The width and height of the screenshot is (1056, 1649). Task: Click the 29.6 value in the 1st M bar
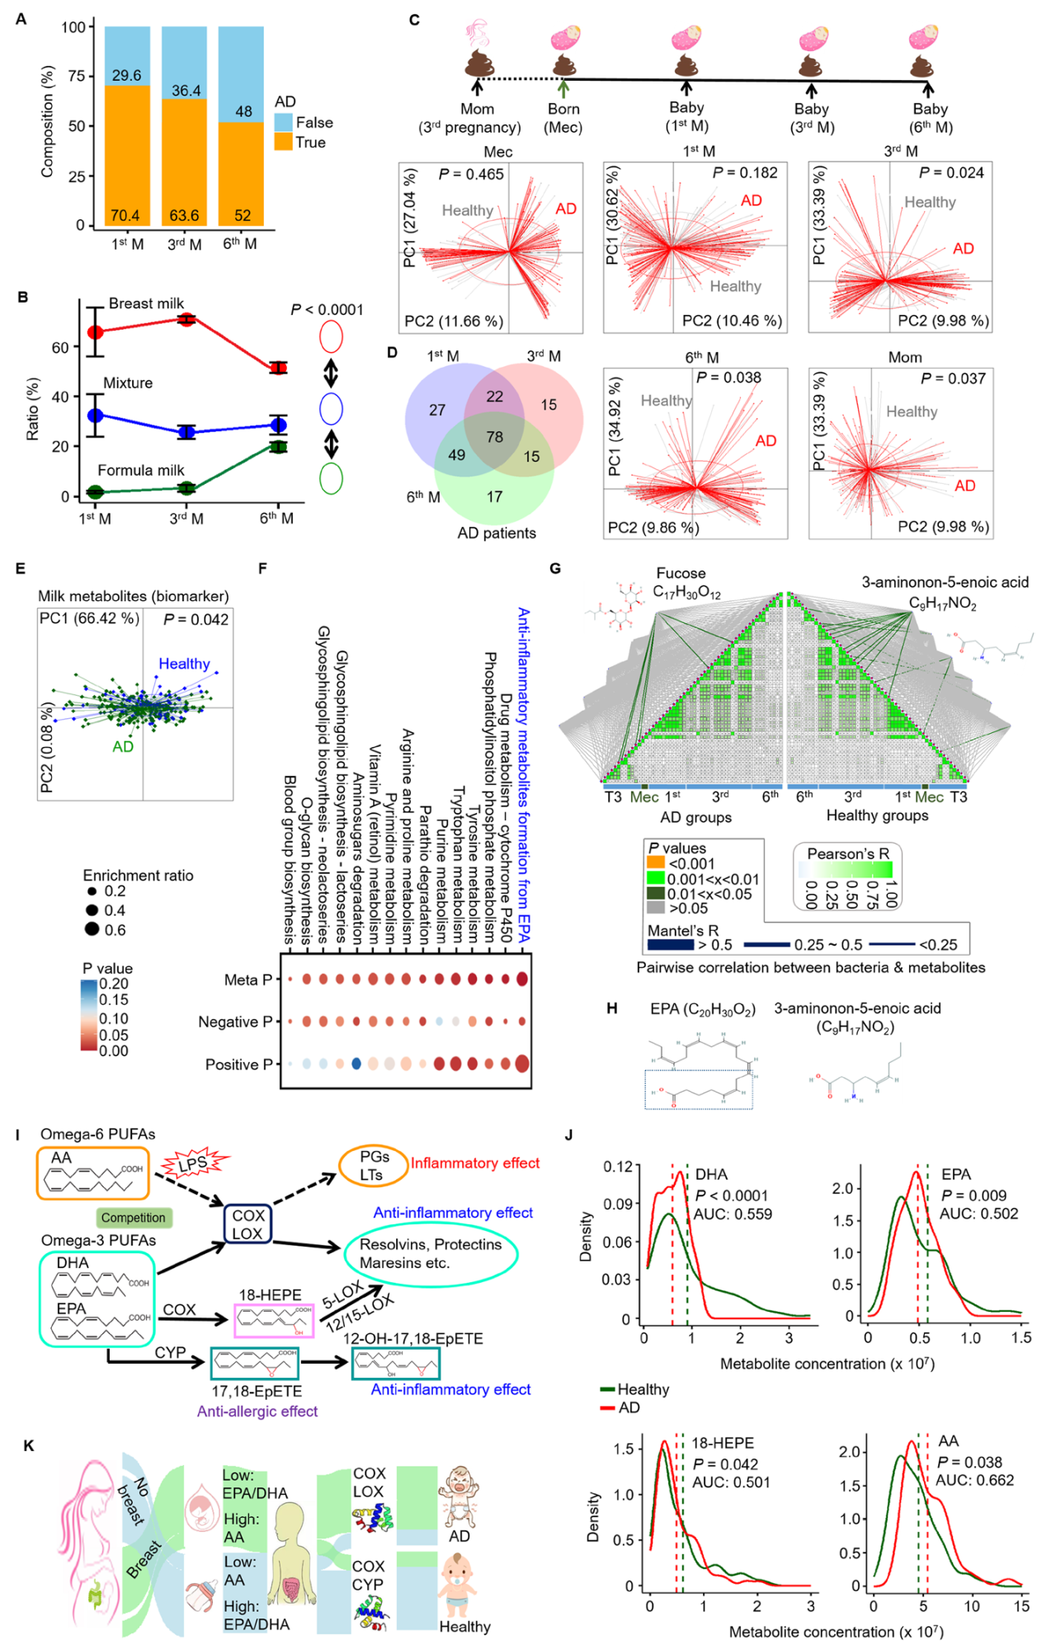[x=126, y=75]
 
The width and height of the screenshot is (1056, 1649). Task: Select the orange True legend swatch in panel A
[x=283, y=142]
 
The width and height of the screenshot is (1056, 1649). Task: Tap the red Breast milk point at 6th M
[x=278, y=368]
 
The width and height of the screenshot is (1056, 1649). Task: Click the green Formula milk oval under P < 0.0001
[x=331, y=479]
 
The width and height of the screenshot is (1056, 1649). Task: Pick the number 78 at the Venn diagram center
[x=494, y=437]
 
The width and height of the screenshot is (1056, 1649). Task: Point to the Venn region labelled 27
[x=437, y=410]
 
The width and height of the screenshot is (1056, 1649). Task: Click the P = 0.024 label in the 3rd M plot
[x=951, y=172]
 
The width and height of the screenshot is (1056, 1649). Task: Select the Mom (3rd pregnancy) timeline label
[x=469, y=118]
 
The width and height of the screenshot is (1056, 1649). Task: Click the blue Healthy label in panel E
[x=184, y=664]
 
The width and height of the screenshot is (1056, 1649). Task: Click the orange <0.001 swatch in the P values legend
[x=656, y=863]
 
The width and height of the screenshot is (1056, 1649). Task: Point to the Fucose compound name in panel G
[x=681, y=573]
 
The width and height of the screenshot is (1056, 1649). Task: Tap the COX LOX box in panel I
[x=247, y=1224]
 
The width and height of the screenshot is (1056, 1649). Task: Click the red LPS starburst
[x=194, y=1164]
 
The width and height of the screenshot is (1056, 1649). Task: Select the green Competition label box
[x=133, y=1218]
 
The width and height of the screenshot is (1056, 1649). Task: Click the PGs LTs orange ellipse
[x=373, y=1166]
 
